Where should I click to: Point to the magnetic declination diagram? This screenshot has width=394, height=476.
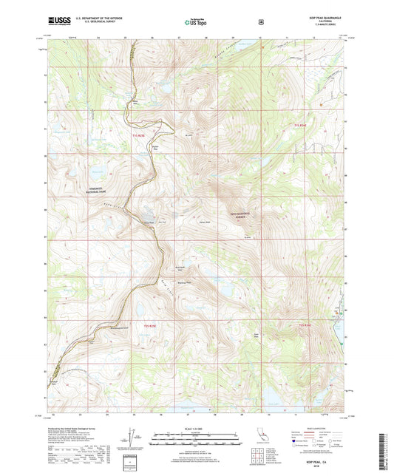(135, 438)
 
